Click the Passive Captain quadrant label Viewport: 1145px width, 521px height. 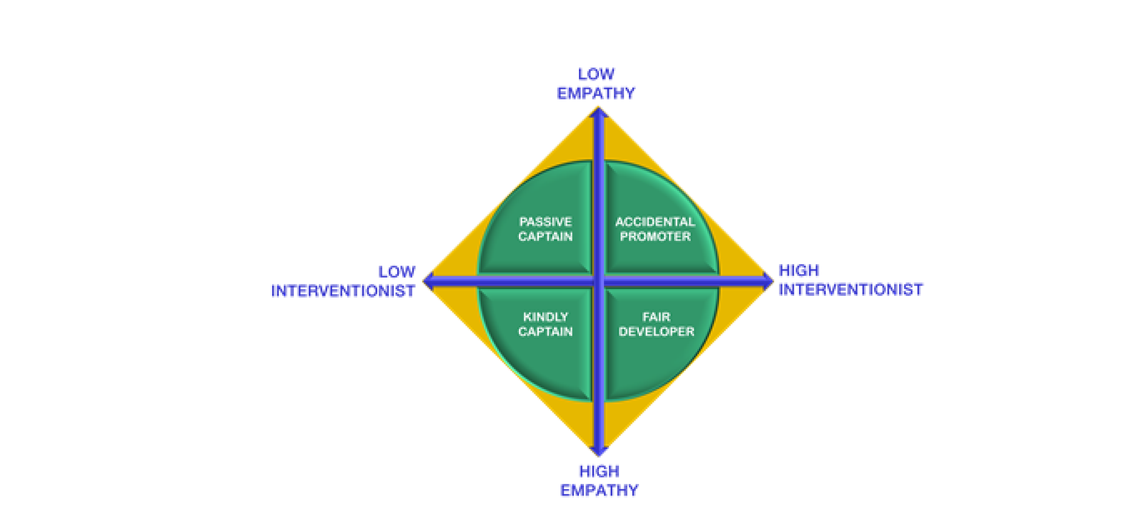point(545,229)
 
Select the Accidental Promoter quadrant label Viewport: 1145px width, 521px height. point(655,229)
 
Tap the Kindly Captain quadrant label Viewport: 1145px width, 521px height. point(545,324)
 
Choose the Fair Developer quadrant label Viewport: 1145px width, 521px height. point(656,324)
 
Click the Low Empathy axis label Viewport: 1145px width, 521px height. point(596,84)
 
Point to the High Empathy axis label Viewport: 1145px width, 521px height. point(599,481)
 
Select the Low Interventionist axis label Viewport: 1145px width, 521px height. point(343,281)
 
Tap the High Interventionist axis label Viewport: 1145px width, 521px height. point(851,280)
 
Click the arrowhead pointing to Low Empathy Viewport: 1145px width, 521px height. point(599,112)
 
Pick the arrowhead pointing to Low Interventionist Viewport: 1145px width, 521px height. point(428,281)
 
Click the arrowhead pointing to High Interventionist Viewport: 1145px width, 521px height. point(768,281)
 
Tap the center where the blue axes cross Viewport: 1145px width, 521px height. point(599,281)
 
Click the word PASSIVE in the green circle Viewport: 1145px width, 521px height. point(546,222)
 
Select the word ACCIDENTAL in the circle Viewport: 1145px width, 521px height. point(655,222)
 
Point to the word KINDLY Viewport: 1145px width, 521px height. point(546,317)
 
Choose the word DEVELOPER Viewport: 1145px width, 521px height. point(656,332)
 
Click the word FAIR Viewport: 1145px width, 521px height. point(656,317)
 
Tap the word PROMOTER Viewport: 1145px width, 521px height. point(655,237)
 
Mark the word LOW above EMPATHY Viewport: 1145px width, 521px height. point(596,74)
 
